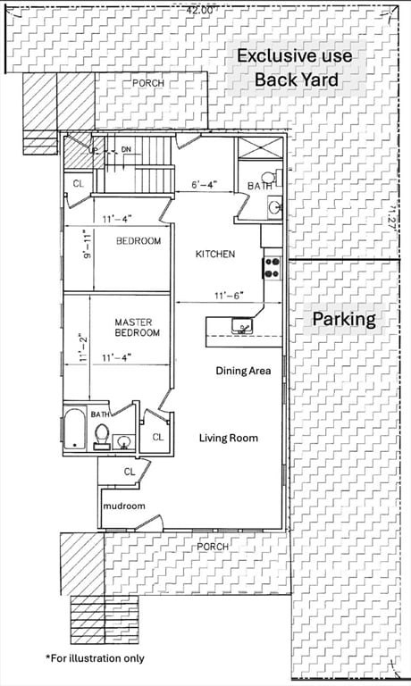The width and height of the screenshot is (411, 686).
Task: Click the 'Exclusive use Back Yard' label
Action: (x=294, y=68)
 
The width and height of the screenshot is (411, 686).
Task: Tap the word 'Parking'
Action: (x=343, y=319)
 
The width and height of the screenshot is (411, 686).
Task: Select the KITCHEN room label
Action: (x=215, y=255)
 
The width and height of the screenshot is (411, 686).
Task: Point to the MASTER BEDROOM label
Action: (x=137, y=327)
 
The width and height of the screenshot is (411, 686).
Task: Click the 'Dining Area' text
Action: (x=242, y=371)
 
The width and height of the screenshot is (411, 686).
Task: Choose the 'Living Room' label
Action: (x=228, y=438)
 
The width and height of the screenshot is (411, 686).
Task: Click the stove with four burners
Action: (x=272, y=265)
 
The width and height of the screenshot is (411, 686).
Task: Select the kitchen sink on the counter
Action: (x=241, y=328)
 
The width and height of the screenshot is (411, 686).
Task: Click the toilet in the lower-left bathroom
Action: (x=102, y=435)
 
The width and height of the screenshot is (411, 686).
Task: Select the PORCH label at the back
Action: (x=147, y=83)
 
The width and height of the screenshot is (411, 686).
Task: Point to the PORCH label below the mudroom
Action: (x=213, y=546)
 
